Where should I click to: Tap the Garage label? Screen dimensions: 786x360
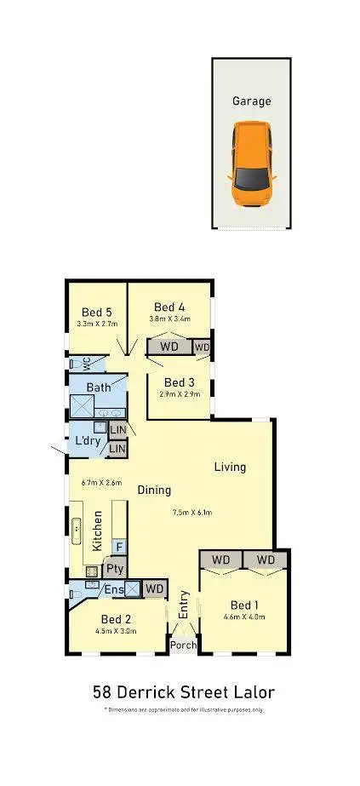[251, 100]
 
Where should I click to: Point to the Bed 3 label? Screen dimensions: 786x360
[180, 382]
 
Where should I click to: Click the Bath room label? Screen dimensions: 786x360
[98, 388]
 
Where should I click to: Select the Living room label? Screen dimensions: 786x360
[230, 467]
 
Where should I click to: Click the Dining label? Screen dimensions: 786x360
[154, 490]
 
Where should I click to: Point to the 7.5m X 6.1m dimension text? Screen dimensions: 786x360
[191, 512]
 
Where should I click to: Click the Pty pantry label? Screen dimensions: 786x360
[114, 569]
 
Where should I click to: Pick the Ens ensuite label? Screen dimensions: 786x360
[114, 589]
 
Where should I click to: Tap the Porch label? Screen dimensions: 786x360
[183, 645]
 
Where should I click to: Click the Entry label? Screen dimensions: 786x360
[182, 605]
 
